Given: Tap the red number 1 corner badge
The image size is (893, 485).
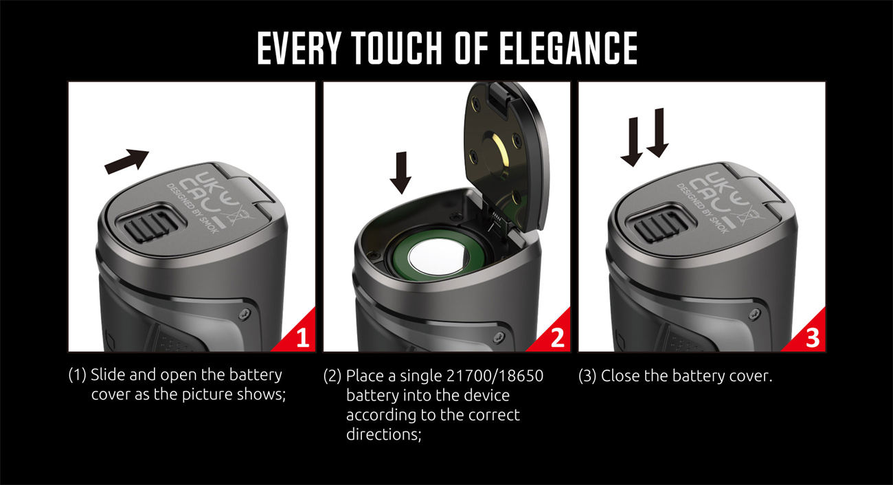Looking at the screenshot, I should pos(302,339).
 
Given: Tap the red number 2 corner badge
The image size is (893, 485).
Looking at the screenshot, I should pos(557,339).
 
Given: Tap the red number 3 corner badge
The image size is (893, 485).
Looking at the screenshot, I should pos(812,339).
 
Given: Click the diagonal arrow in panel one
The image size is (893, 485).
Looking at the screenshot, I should pos(126,159).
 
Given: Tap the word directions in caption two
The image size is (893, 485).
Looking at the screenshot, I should pos(382,436).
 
